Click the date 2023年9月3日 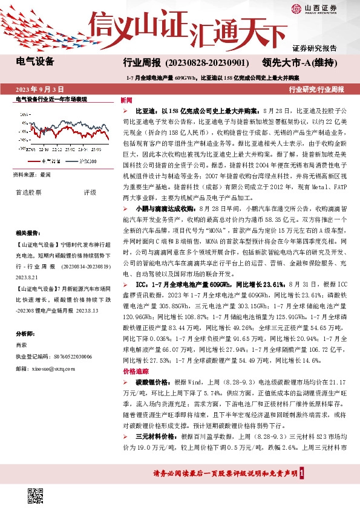(x=41, y=89)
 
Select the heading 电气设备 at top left (x=35, y=62)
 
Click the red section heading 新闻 (x=126, y=99)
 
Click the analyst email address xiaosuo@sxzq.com (x=51, y=368)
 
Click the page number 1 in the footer (x=309, y=473)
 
